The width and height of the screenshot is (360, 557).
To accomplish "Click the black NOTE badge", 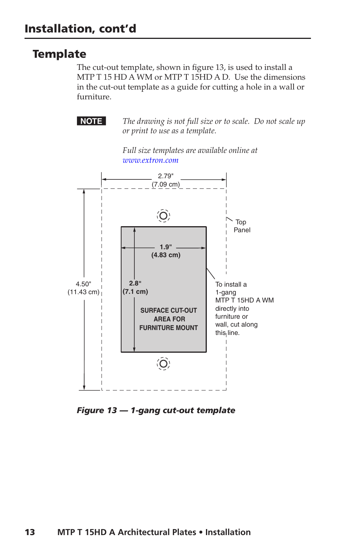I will [91, 121].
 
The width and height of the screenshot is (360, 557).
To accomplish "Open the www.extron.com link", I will [150, 160].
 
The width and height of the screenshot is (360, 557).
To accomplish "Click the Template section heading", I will [59, 54].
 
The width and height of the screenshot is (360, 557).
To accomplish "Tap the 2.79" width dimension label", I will [166, 176].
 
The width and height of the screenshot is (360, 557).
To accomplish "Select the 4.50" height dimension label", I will [83, 284].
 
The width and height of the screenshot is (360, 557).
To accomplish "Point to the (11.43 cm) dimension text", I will [83, 292].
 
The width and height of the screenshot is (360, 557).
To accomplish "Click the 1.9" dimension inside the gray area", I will [166, 247].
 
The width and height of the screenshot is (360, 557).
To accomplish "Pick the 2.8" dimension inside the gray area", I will [135, 283].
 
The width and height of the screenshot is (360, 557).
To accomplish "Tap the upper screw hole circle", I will [163, 216].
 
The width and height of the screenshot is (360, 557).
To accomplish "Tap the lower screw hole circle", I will [163, 364].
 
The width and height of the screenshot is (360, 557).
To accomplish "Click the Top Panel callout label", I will [242, 226].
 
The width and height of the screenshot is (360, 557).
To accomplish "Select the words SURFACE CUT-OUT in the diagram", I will [169, 310].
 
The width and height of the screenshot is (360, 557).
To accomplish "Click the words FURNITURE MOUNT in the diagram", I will [169, 328].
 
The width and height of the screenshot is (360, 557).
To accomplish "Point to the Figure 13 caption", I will [156, 410].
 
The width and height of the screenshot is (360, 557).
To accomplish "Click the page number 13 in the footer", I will [30, 532].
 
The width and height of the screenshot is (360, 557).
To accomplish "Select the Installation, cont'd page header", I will [80, 29].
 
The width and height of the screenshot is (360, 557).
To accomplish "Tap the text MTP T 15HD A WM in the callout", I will [245, 300].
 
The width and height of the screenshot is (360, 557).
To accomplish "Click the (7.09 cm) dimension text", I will [166, 184].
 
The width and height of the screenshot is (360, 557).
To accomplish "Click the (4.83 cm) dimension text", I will [166, 255].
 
